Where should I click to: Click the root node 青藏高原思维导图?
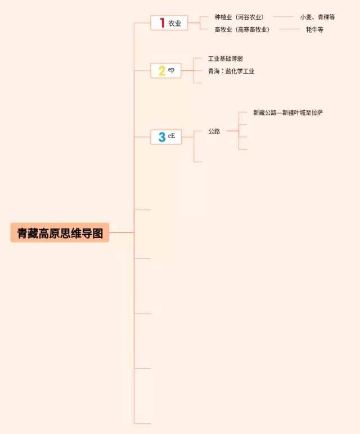[60, 232]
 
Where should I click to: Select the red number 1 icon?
[163, 23]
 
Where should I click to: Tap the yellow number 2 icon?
[162, 71]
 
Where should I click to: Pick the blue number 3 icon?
[162, 137]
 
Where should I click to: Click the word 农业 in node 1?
[175, 23]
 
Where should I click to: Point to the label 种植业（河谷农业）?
[239, 17]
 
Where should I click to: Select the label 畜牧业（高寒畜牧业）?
[242, 29]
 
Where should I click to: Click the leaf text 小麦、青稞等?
[317, 17]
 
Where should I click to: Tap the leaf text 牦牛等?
[314, 29]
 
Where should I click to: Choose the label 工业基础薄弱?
[226, 59]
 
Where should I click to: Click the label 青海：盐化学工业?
[231, 71]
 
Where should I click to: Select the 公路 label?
[214, 131]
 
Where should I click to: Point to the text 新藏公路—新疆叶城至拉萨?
[288, 113]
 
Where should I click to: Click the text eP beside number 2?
[172, 69]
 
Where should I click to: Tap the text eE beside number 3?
[172, 136]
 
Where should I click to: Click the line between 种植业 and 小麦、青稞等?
[283, 17]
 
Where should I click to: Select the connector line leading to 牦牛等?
[290, 29]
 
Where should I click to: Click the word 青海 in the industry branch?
[214, 71]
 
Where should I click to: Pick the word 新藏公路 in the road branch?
[265, 113]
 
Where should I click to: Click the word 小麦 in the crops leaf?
[306, 17]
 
